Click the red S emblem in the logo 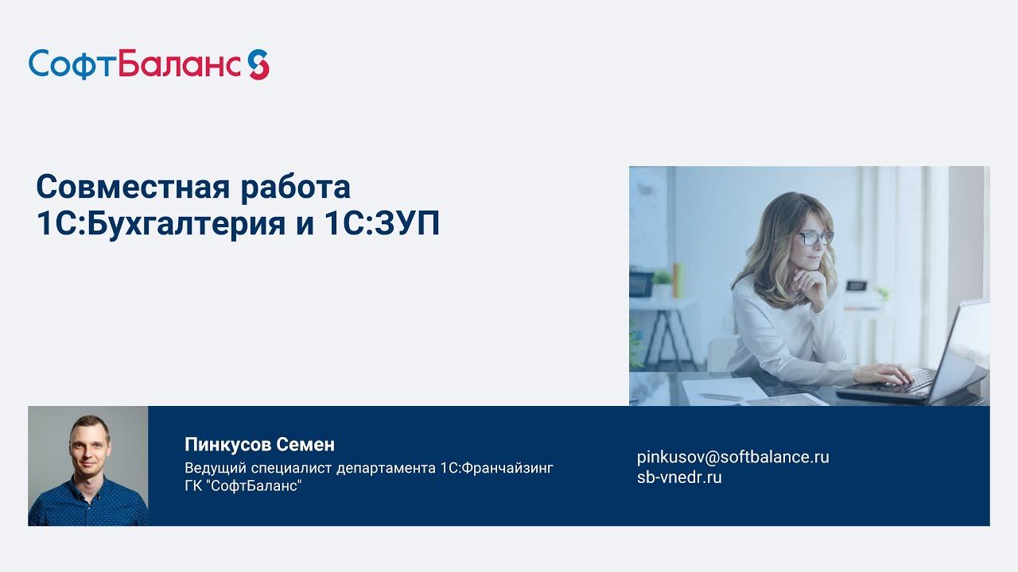(x=258, y=64)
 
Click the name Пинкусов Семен (x=259, y=444)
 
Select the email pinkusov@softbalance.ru (x=732, y=457)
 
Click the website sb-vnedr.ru (x=679, y=477)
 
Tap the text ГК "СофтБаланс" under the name (x=243, y=486)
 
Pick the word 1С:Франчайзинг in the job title (x=495, y=468)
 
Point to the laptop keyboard (x=907, y=380)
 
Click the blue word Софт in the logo (x=72, y=64)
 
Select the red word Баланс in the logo (x=179, y=64)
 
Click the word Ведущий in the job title (x=210, y=468)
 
